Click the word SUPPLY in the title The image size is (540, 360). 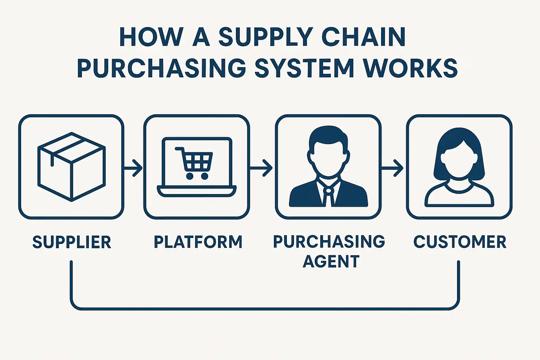(265, 37)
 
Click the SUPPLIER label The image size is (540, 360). (72, 242)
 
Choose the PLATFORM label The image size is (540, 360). (198, 242)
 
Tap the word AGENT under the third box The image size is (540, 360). (331, 262)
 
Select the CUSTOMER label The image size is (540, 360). (460, 242)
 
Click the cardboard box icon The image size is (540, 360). (71, 167)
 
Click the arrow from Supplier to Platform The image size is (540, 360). (134, 168)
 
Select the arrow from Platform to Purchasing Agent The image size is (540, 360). (262, 168)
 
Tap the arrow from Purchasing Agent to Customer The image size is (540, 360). (393, 168)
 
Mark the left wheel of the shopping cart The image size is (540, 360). (189, 176)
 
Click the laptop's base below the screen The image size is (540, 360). (197, 192)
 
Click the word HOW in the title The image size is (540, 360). (151, 37)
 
